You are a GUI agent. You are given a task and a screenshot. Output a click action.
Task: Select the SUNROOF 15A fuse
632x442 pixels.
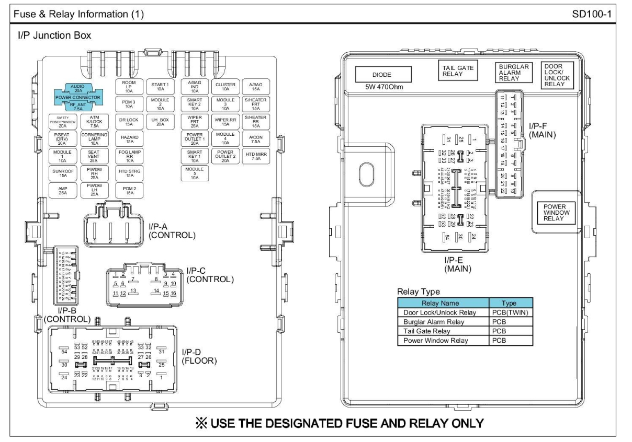pyautogui.click(x=62, y=173)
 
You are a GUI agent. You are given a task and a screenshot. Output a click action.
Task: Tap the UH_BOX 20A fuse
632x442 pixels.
pyautogui.click(x=160, y=121)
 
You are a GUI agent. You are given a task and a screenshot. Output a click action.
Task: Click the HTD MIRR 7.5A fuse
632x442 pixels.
pyautogui.click(x=256, y=156)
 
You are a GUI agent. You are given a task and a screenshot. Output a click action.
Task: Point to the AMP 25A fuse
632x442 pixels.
pyautogui.click(x=62, y=191)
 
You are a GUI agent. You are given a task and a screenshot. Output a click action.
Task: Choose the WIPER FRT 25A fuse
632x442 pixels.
pyautogui.click(x=194, y=121)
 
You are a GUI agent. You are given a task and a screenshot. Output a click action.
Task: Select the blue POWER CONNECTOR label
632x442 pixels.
pyautogui.click(x=78, y=97)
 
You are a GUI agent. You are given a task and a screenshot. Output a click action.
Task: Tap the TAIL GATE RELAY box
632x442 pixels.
pyautogui.click(x=458, y=71)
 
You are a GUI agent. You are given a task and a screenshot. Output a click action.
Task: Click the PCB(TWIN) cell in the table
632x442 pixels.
pyautogui.click(x=510, y=312)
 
